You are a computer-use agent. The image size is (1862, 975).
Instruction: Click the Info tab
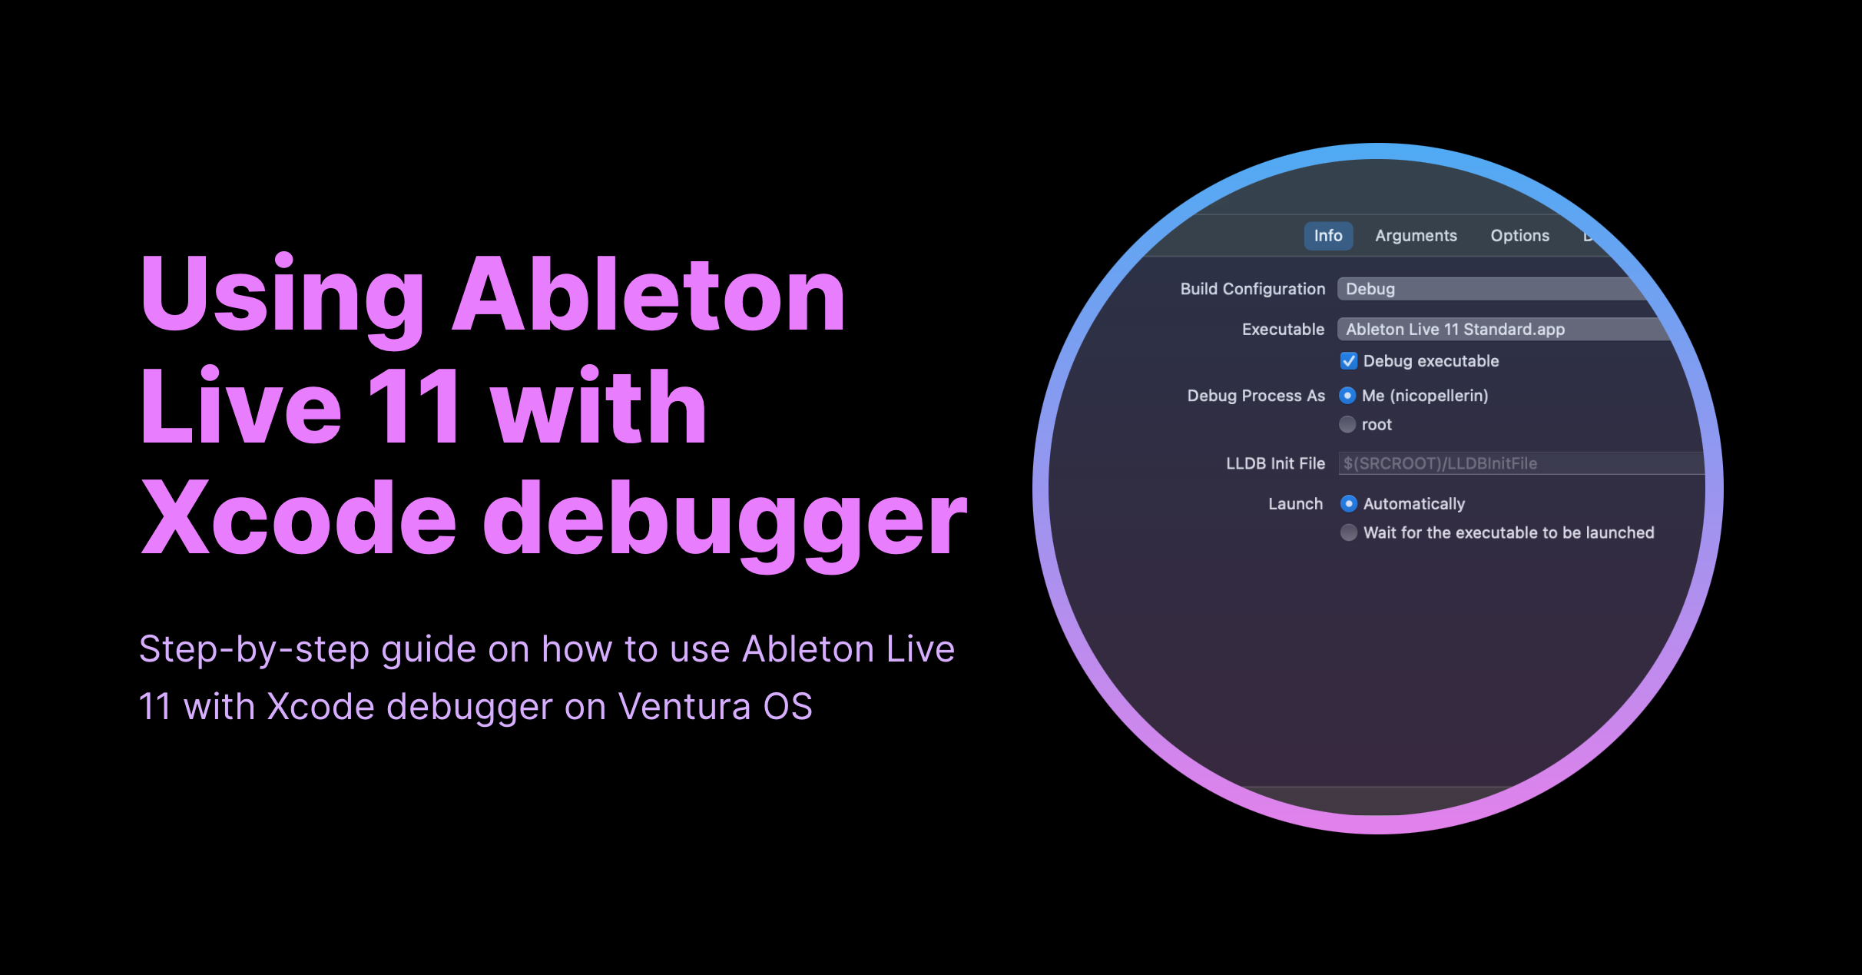[1327, 236]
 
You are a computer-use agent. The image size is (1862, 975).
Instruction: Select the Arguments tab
[1416, 236]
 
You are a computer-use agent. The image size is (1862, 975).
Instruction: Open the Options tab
[1519, 236]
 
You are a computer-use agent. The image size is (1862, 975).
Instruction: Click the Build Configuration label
[1252, 289]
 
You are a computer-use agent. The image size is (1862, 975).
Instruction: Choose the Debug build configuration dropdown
[1483, 289]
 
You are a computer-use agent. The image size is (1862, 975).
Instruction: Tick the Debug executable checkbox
[1349, 361]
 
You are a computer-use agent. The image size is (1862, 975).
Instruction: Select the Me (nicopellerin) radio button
[1347, 396]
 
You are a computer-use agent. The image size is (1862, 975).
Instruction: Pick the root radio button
[1347, 425]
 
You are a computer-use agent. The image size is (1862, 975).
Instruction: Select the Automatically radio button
[1349, 504]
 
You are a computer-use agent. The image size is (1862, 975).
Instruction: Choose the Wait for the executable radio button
[1349, 532]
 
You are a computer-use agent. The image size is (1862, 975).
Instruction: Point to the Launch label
[1295, 504]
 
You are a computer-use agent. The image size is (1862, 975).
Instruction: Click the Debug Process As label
[1256, 396]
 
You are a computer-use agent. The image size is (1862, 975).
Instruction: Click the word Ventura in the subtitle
[684, 706]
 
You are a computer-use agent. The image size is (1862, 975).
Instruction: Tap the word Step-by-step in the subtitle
[254, 650]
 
